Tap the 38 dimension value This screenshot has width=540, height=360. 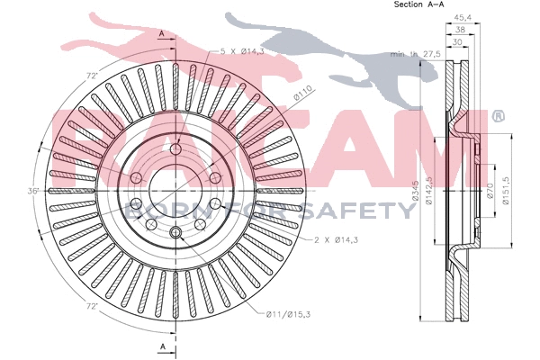tap(459, 29)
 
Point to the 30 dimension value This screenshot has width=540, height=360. tap(459, 41)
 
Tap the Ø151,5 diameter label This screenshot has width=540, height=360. tap(506, 191)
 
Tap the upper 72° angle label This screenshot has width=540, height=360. tap(90, 76)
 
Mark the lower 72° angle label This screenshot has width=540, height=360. tap(92, 304)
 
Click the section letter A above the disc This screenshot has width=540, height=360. tap(162, 33)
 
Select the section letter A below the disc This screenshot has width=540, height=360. tap(162, 346)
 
